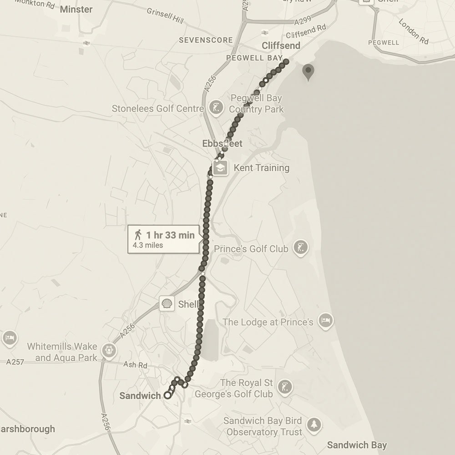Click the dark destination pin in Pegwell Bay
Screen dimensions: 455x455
click(308, 71)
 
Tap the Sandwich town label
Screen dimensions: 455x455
click(140, 396)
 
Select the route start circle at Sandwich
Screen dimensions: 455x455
click(167, 395)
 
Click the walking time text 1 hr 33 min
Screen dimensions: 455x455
click(170, 235)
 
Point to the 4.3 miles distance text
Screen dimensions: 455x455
click(147, 245)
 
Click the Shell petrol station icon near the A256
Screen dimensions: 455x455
click(167, 303)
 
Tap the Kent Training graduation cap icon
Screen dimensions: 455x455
click(221, 167)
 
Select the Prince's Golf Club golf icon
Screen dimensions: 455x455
click(300, 248)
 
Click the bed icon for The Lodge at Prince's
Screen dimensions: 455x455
click(325, 321)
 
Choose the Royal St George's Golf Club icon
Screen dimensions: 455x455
click(285, 388)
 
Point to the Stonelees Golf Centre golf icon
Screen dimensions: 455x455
click(215, 108)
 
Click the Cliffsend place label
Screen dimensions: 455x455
click(281, 45)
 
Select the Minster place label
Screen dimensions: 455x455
click(76, 9)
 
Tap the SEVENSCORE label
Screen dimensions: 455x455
click(206, 40)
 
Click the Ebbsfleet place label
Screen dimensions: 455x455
click(222, 143)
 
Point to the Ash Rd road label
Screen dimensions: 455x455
click(136, 365)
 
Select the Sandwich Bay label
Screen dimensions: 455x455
click(357, 445)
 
